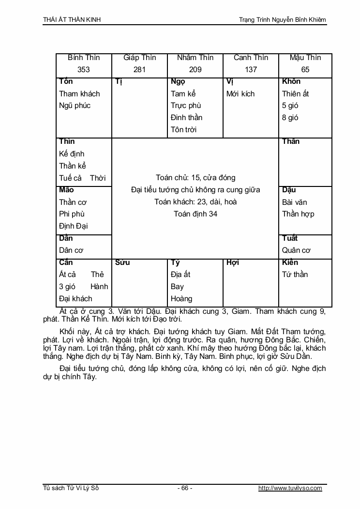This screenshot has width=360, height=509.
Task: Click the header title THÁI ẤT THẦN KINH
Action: [x=72, y=20]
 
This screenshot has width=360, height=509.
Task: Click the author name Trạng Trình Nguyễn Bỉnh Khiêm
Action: [x=283, y=20]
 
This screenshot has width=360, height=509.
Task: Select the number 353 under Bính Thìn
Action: [x=84, y=69]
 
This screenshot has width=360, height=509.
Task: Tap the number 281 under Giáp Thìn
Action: [x=139, y=69]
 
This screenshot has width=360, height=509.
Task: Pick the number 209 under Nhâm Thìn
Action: [x=195, y=69]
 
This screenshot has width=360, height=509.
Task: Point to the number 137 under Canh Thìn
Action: [x=251, y=69]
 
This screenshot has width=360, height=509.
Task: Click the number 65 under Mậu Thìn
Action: [x=305, y=69]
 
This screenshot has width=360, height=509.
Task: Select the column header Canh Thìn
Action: [x=251, y=58]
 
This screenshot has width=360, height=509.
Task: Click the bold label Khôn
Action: [x=291, y=81]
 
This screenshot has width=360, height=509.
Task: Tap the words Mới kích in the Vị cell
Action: [x=240, y=93]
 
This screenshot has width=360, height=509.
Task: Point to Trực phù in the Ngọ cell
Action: [x=186, y=106]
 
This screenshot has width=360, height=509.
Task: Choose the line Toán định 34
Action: [x=195, y=214]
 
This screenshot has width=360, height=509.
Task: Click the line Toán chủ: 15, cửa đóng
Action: [x=195, y=178]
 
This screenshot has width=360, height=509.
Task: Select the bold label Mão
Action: [x=66, y=190]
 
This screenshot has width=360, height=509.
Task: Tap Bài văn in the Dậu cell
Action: [x=295, y=202]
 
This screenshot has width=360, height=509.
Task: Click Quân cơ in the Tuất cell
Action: [x=296, y=250]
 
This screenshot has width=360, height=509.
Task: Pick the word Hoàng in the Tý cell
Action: [x=181, y=299]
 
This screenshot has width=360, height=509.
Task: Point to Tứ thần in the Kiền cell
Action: [x=295, y=275]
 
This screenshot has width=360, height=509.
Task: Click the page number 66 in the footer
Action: [x=185, y=488]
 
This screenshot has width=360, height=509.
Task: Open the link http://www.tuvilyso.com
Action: [x=290, y=488]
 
